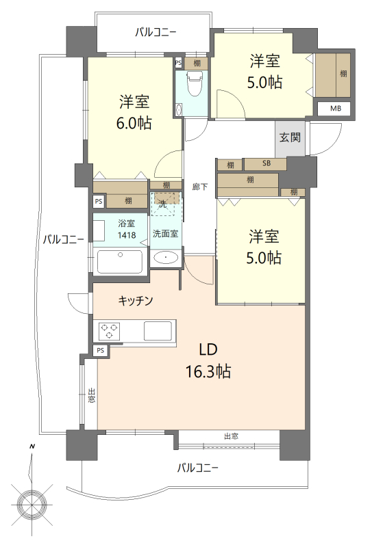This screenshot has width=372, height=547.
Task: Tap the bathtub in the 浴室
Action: [120, 262]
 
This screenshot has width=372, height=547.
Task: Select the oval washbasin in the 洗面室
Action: [166, 258]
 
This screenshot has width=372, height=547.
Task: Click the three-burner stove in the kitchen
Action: [110, 332]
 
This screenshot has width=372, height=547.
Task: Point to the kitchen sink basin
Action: [158, 331]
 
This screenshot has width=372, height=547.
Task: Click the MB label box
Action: [336, 109]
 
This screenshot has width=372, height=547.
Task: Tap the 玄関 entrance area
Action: [290, 138]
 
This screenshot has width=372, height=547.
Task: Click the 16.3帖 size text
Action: [208, 372]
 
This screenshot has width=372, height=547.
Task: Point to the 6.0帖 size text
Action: [134, 124]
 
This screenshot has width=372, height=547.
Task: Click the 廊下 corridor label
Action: [199, 187]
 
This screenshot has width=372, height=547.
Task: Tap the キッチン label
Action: [136, 300]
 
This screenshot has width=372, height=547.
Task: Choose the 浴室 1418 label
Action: [127, 229]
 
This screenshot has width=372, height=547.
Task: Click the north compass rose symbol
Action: [32, 503]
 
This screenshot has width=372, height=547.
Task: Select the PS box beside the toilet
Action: [178, 63]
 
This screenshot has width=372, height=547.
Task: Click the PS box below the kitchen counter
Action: [101, 351]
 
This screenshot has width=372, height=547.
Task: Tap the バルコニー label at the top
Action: [156, 33]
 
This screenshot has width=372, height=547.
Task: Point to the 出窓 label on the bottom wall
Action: [231, 436]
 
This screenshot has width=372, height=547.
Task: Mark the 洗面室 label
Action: [165, 233]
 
